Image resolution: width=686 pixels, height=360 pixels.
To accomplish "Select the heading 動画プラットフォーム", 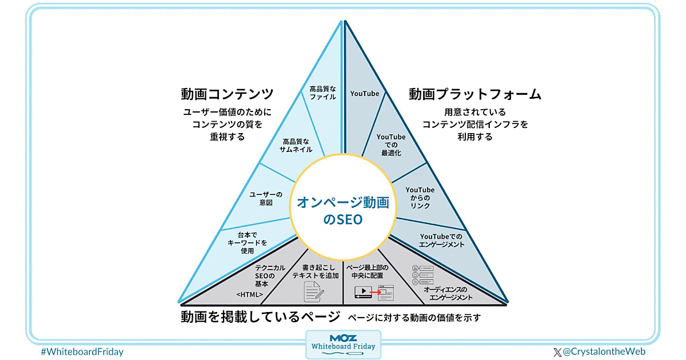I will (474, 94).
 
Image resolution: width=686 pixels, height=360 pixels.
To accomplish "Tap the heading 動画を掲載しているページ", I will (260, 317).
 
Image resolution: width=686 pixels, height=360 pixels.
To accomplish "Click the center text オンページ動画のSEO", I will (343, 210).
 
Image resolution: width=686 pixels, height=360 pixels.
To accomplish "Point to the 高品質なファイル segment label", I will (323, 93).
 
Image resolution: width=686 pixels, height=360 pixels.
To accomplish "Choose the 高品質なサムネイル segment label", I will (296, 145).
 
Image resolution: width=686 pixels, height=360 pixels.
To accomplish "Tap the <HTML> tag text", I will (249, 294).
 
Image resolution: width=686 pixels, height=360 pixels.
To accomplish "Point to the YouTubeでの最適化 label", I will (391, 145).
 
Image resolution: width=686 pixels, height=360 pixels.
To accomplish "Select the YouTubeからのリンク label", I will (420, 198).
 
